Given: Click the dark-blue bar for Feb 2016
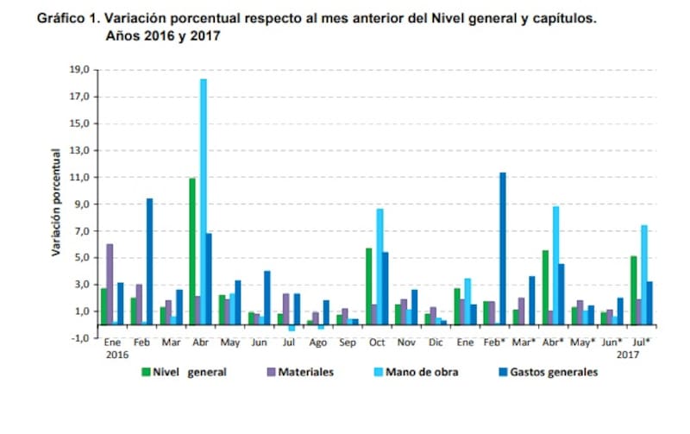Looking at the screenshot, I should [149, 261].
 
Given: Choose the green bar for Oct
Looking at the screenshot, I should [368, 286].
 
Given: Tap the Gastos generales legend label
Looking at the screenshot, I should [557, 372].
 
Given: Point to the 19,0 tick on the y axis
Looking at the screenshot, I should [79, 70].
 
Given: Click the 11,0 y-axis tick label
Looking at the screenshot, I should [79, 177].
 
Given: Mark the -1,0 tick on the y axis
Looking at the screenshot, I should [79, 338].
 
